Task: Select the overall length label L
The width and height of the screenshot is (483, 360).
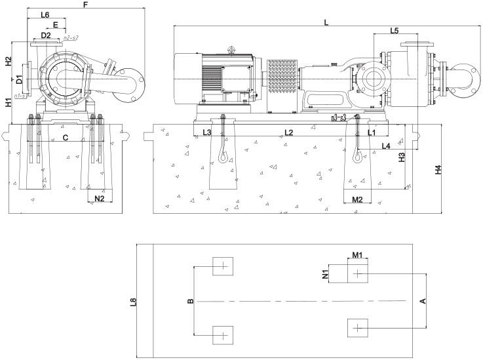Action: pos(326,22)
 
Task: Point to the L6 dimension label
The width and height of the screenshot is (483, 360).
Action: pos(45,14)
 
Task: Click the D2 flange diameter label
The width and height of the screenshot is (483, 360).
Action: pos(46,35)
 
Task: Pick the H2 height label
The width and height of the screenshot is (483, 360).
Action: pos(9,62)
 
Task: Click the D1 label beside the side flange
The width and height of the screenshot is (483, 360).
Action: pos(20,80)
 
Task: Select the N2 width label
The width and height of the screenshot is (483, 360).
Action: pos(100,197)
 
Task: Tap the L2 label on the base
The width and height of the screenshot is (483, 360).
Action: pos(288,132)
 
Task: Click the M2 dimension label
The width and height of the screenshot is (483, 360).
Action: pos(358,199)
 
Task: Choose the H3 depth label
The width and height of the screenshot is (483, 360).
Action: pos(402,157)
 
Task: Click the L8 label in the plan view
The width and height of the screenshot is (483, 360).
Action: pos(133,302)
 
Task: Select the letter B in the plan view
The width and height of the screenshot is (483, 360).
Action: pos(190,302)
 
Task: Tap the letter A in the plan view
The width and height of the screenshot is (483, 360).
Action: pos(422,302)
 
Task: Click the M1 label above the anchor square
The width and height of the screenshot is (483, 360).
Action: pos(357,254)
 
